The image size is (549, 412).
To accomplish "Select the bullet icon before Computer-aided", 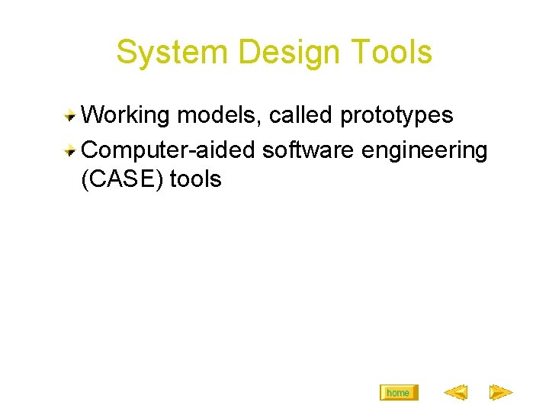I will (x=70, y=149).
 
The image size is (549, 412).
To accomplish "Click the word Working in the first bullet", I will (x=125, y=115).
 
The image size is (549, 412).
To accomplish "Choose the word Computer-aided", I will (x=168, y=150).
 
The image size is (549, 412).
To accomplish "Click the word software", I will (x=308, y=150).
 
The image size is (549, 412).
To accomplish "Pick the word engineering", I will (x=425, y=151).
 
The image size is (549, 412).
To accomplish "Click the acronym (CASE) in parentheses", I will (x=121, y=179).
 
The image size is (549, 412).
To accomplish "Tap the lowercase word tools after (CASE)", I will (x=195, y=179).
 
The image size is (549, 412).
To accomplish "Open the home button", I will (x=398, y=393).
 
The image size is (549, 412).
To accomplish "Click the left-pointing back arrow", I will (x=455, y=393).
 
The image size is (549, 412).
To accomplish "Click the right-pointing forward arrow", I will (x=500, y=393).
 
